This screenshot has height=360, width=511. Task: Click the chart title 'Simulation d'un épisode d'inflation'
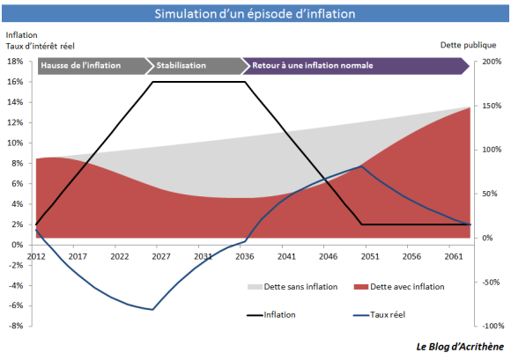[x=255, y=14]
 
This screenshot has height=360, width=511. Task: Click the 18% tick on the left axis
[x=14, y=62]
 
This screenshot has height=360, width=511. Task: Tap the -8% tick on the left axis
[x=14, y=326]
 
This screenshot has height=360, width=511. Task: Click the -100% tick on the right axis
[x=490, y=326]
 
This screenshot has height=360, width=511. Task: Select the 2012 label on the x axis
[x=35, y=256]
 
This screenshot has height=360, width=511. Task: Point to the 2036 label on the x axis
[x=244, y=256]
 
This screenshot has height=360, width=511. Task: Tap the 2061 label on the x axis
[x=453, y=256]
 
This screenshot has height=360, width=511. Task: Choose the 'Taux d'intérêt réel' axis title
[x=41, y=45]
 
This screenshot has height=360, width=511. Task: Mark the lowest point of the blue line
[x=153, y=309]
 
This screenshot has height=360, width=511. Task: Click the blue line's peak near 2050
[x=361, y=165]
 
